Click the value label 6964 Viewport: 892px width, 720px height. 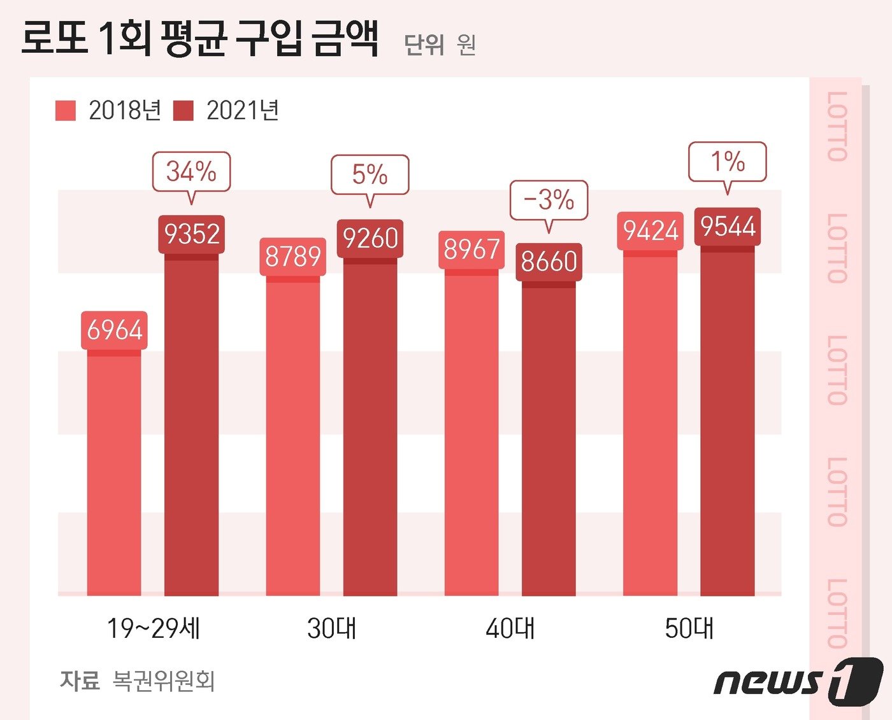pyautogui.click(x=114, y=330)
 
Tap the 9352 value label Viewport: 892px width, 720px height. pyautogui.click(x=191, y=234)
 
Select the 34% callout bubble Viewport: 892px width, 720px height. pyautogui.click(x=191, y=171)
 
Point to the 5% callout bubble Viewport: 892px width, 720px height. pyautogui.click(x=370, y=174)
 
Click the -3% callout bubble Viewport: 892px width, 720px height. pyautogui.click(x=549, y=200)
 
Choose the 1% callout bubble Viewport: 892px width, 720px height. pyautogui.click(x=727, y=161)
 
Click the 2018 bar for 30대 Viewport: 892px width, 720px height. pyautogui.click(x=293, y=439)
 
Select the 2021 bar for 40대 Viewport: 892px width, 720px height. pyautogui.click(x=549, y=446)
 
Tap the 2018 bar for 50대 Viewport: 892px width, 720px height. pyautogui.click(x=650, y=427)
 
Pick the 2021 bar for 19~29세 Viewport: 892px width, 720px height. pyautogui.click(x=191, y=427)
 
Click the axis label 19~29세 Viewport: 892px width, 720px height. pyautogui.click(x=154, y=628)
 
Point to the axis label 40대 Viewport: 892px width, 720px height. pyautogui.click(x=510, y=628)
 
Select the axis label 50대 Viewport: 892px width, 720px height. pyautogui.click(x=689, y=628)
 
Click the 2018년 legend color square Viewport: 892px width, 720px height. pyautogui.click(x=66, y=111)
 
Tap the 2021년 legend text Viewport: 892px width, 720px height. pyautogui.click(x=243, y=111)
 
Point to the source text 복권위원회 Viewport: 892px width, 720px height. pyautogui.click(x=164, y=681)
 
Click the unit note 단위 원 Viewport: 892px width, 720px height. pyautogui.click(x=440, y=45)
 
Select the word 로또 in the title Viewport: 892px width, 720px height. pyautogui.click(x=54, y=38)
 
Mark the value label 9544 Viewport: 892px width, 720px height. pyautogui.click(x=728, y=226)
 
